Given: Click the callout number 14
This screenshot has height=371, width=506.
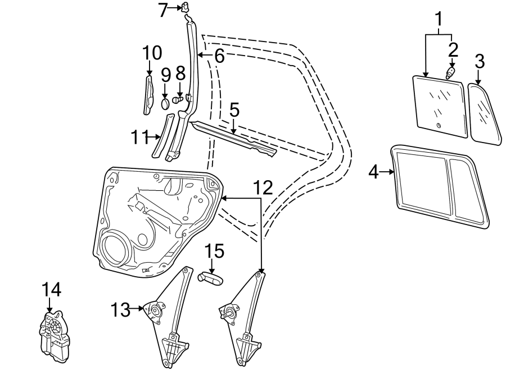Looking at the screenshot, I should pos(51,290).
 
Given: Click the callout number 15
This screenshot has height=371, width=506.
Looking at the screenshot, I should pos(214,251).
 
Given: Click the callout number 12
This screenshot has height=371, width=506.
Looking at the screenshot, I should pos(262,187).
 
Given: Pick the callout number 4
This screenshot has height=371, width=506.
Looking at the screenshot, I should pos(373,172).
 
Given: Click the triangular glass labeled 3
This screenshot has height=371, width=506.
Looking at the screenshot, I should pos(485,112).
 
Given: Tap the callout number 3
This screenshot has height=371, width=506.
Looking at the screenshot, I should pos(479,61).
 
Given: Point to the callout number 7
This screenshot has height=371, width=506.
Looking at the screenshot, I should pos(162,10).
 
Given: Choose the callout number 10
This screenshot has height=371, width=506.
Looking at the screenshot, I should pos(151,53).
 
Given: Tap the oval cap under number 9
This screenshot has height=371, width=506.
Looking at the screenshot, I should pos(165,103).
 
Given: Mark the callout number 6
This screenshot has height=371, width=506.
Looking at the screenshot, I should pos(218,56).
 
